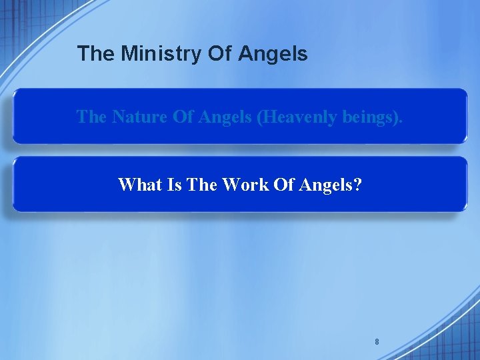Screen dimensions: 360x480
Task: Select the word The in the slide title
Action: click(95, 53)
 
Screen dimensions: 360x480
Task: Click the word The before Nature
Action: click(91, 117)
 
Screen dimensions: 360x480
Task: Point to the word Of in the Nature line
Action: click(183, 117)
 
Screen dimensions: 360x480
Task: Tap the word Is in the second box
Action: click(174, 184)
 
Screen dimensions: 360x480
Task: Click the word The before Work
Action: click(201, 184)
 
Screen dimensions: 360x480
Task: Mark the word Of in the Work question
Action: click(284, 184)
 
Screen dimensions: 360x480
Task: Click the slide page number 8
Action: click(377, 342)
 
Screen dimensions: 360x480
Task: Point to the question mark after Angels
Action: click(358, 184)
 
